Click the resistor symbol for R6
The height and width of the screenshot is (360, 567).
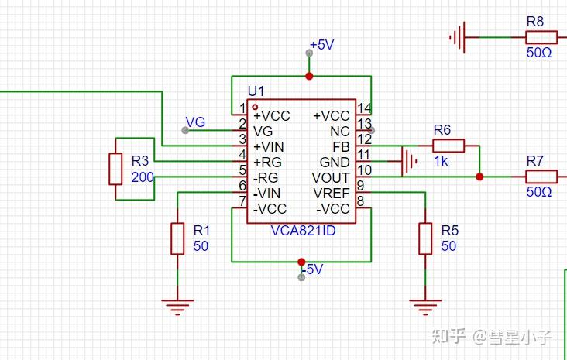click(x=448, y=146)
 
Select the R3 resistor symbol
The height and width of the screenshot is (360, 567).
click(x=115, y=169)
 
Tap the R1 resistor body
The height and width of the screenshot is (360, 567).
click(x=177, y=238)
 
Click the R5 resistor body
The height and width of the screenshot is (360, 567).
click(x=425, y=238)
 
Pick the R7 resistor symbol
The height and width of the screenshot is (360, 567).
click(x=541, y=177)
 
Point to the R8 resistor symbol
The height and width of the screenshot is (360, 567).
click(x=541, y=37)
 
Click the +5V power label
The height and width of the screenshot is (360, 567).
click(x=321, y=45)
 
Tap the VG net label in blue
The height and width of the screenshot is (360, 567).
click(x=196, y=122)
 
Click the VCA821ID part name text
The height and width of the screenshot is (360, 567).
click(x=303, y=231)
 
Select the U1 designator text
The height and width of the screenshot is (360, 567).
click(x=256, y=92)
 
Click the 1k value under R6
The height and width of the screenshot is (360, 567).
click(x=441, y=162)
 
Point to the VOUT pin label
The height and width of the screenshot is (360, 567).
click(x=331, y=177)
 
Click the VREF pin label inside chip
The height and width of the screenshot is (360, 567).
click(x=332, y=193)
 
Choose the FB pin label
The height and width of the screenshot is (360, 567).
click(x=341, y=146)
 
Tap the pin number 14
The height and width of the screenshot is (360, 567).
click(x=365, y=108)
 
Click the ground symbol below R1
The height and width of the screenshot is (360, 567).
click(x=177, y=307)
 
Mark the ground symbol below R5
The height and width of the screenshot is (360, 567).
click(x=425, y=307)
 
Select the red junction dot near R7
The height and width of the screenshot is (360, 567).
click(x=479, y=177)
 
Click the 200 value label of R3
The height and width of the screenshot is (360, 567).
click(x=142, y=177)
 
